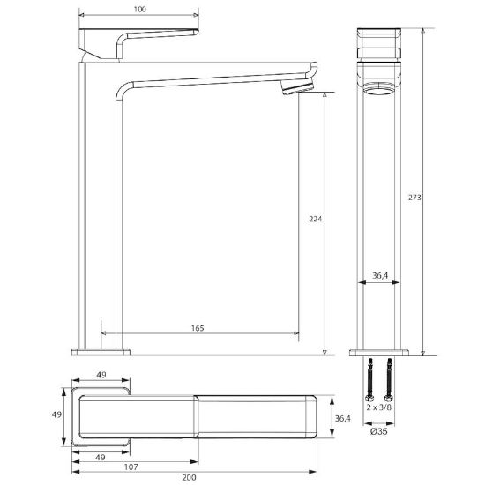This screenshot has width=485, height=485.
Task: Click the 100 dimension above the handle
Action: (140, 10)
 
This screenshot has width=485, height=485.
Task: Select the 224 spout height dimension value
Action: (315, 219)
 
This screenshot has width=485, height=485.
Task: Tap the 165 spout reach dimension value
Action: (198, 328)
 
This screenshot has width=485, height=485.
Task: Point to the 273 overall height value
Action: (414, 198)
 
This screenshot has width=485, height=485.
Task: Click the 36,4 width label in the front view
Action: (380, 275)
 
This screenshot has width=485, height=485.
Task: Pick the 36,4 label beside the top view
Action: (343, 418)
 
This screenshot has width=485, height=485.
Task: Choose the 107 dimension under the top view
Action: (131, 466)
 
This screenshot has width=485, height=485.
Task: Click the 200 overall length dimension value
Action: (189, 478)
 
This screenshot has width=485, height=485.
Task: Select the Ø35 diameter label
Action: (379, 431)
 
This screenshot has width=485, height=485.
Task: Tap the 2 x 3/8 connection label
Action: (379, 407)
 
